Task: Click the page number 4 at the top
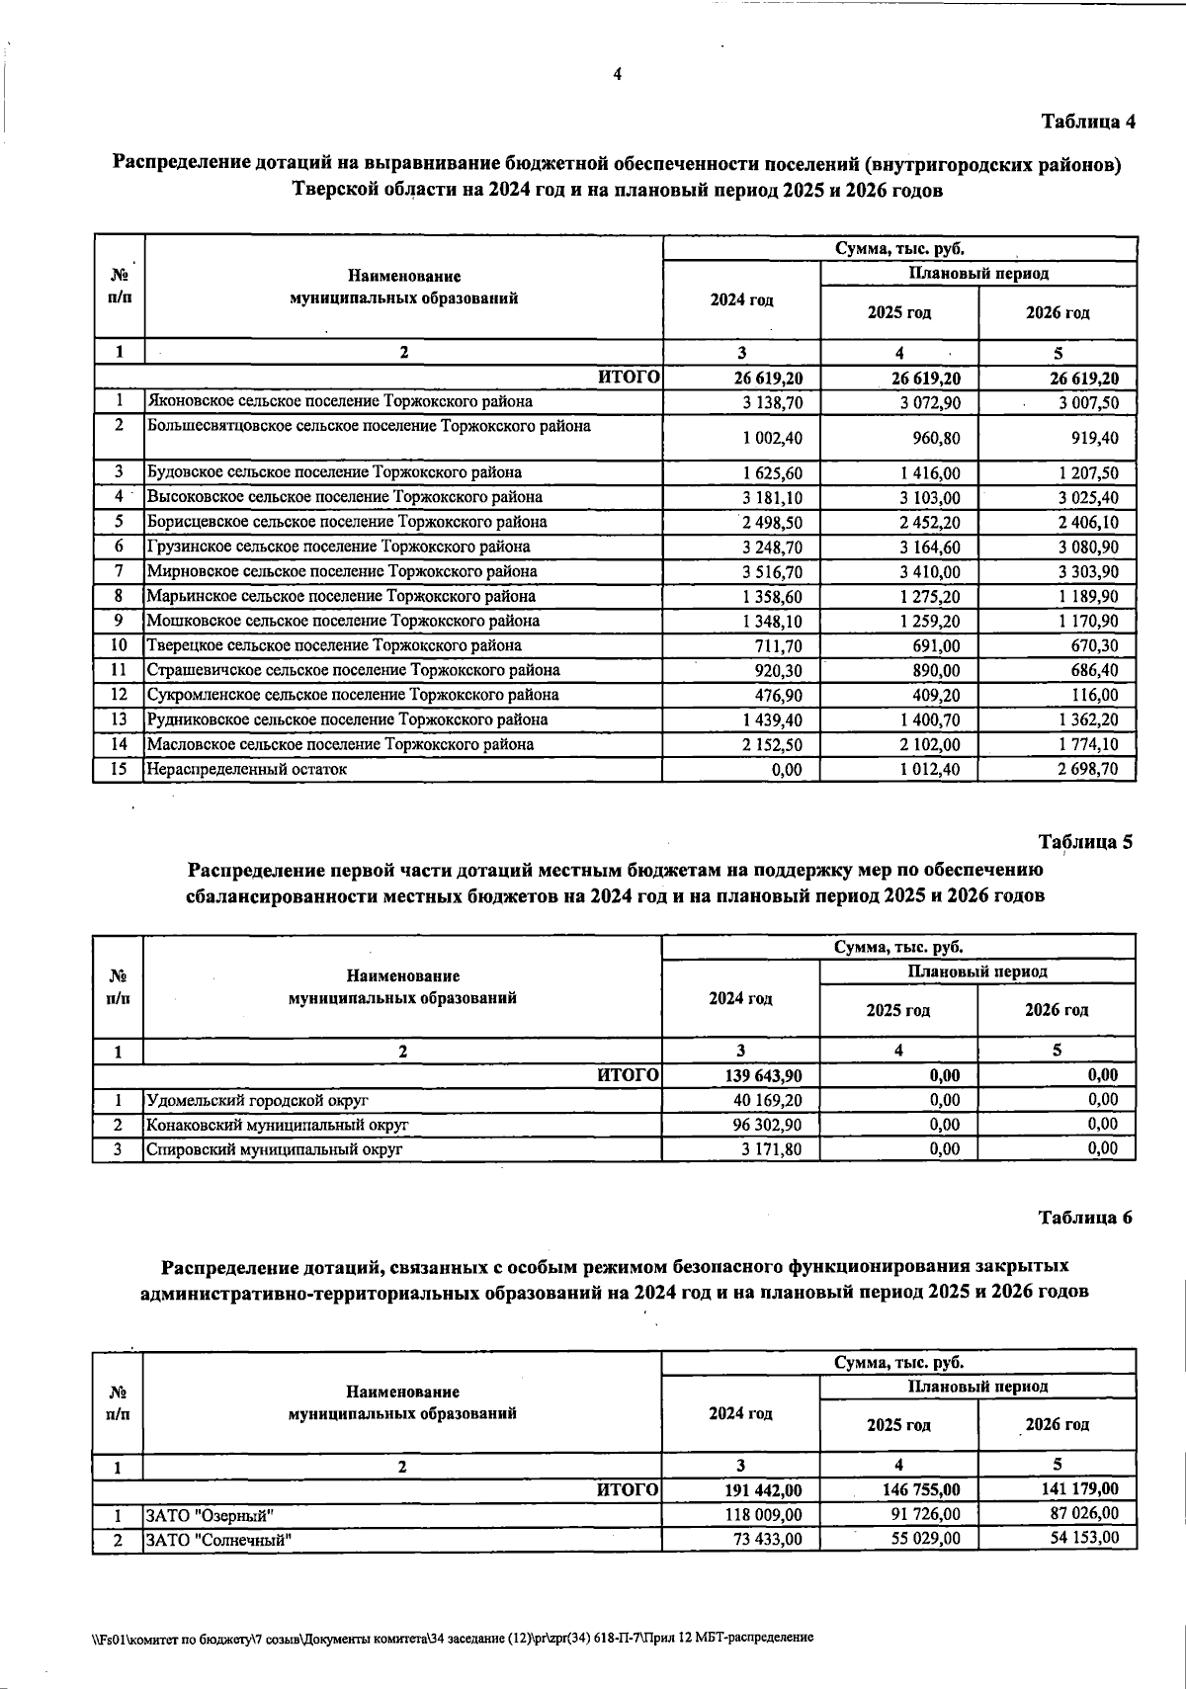[x=618, y=74]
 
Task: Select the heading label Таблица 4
[x=1088, y=122]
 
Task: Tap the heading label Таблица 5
[x=1085, y=842]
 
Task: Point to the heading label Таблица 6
[x=1085, y=1218]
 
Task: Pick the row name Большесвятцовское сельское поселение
[x=369, y=426]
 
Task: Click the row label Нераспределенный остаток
[x=247, y=769]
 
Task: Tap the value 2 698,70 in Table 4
[x=1088, y=770]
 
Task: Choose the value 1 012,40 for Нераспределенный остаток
[x=930, y=770]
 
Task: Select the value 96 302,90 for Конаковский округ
[x=767, y=1125]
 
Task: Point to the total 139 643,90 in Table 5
[x=764, y=1076]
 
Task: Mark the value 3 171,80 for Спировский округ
[x=772, y=1149]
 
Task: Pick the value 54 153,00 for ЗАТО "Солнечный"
[x=1084, y=1538]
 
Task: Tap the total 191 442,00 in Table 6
[x=764, y=1490]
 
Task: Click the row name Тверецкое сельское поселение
[x=334, y=646]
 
